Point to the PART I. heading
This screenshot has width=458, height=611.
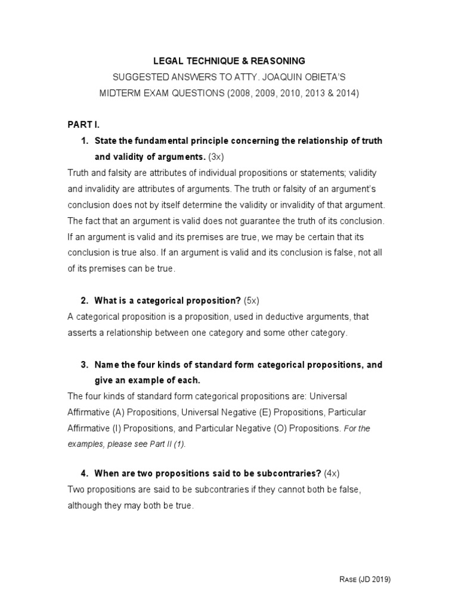83,124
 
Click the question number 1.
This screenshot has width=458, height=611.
83,141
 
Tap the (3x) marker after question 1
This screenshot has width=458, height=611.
216,156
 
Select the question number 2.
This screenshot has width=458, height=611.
83,300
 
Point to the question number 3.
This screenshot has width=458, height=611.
83,365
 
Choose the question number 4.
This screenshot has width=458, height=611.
83,474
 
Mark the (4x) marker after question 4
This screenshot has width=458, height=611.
332,474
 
